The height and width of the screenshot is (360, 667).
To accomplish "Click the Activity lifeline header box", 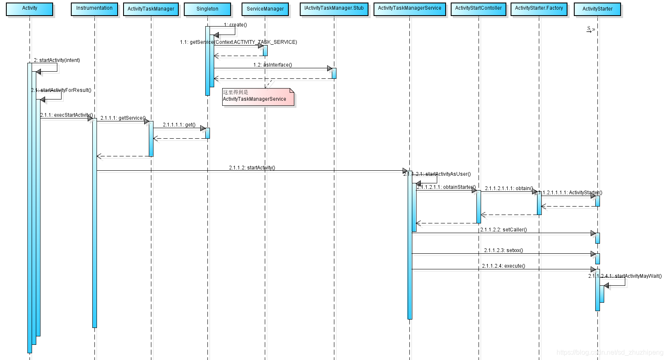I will (30, 9).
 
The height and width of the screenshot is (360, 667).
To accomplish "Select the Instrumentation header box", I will (94, 9).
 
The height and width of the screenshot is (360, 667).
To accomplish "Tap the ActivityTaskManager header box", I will (151, 9).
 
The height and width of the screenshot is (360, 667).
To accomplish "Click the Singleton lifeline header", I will (207, 9).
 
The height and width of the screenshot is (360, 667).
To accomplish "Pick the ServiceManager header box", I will (265, 9).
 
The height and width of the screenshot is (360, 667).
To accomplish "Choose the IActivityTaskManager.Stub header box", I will (334, 9).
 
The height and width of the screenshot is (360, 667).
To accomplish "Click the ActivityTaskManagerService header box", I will (409, 9).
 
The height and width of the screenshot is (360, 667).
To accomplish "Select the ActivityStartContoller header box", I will (479, 9).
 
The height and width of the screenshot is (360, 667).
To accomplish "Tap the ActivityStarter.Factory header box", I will (539, 9).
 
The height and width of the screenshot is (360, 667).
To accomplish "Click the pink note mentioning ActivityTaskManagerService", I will (258, 97).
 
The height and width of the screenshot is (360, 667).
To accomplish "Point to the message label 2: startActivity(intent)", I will (57, 60).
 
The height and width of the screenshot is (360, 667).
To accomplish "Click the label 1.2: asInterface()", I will (272, 65).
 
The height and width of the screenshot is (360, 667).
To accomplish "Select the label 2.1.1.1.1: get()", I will (179, 125).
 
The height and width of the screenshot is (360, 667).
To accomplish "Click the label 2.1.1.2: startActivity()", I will (252, 168).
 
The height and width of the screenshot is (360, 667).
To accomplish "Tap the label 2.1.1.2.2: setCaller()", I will (503, 230).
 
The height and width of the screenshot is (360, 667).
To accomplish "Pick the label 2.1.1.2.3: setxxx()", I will (503, 250).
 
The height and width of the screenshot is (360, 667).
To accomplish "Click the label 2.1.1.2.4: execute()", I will (503, 266).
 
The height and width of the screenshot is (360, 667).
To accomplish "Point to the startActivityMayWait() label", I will (625, 276).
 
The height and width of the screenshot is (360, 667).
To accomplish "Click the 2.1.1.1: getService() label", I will (123, 118).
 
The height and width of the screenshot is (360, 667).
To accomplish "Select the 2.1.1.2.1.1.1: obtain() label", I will (509, 188).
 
